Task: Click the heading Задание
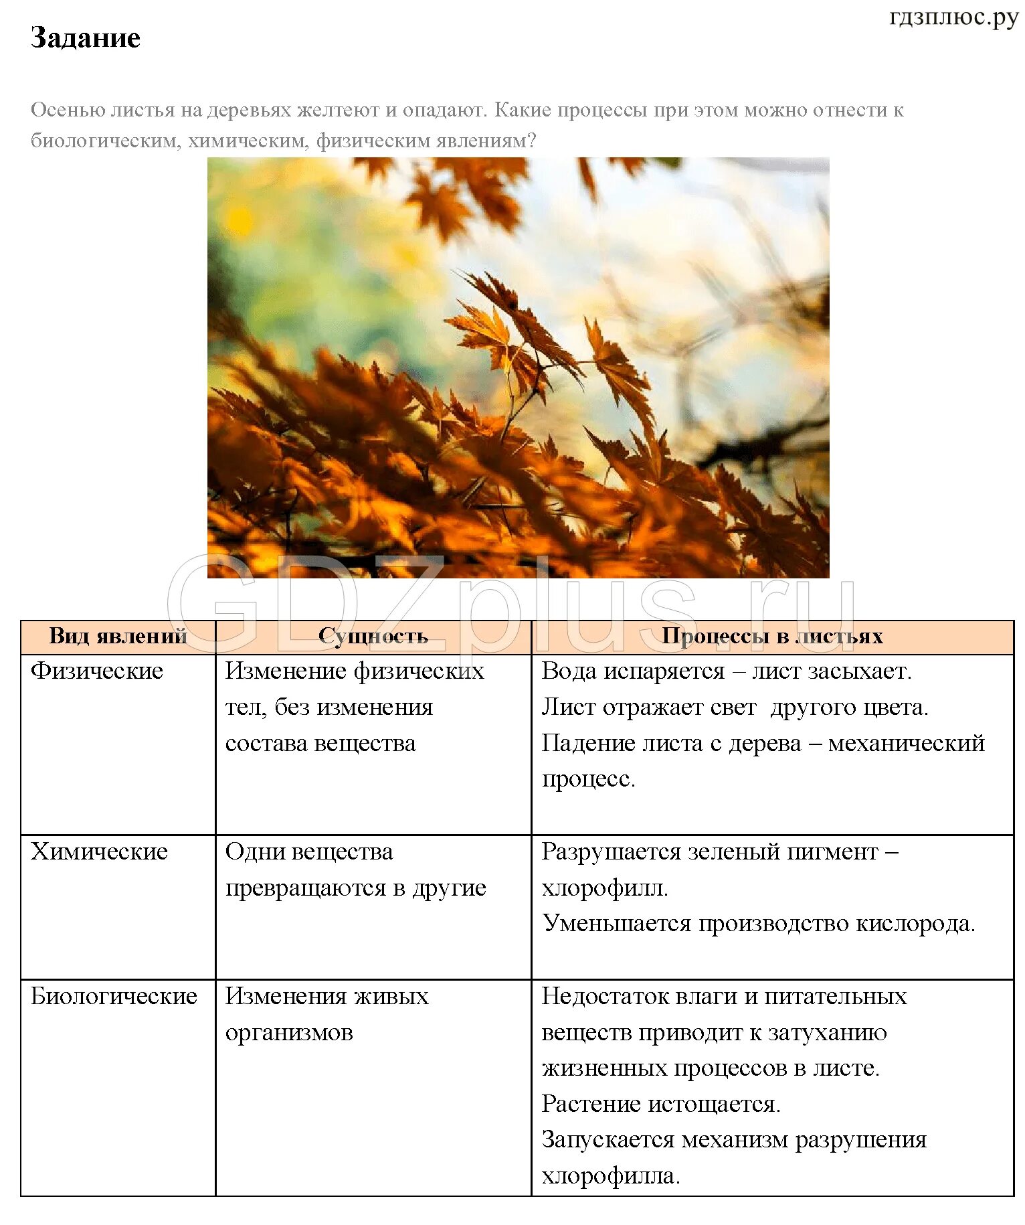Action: click(x=86, y=38)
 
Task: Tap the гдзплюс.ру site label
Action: click(x=953, y=17)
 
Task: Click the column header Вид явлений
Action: click(x=118, y=636)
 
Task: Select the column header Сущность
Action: click(x=373, y=636)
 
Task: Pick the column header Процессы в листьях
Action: click(x=772, y=636)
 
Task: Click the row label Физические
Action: click(x=97, y=671)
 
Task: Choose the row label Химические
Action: click(x=99, y=851)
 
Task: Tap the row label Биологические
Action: click(x=114, y=996)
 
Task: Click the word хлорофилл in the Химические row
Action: click(x=603, y=888)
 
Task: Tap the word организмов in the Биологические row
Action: click(x=289, y=1032)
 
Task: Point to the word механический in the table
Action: click(x=906, y=743)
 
